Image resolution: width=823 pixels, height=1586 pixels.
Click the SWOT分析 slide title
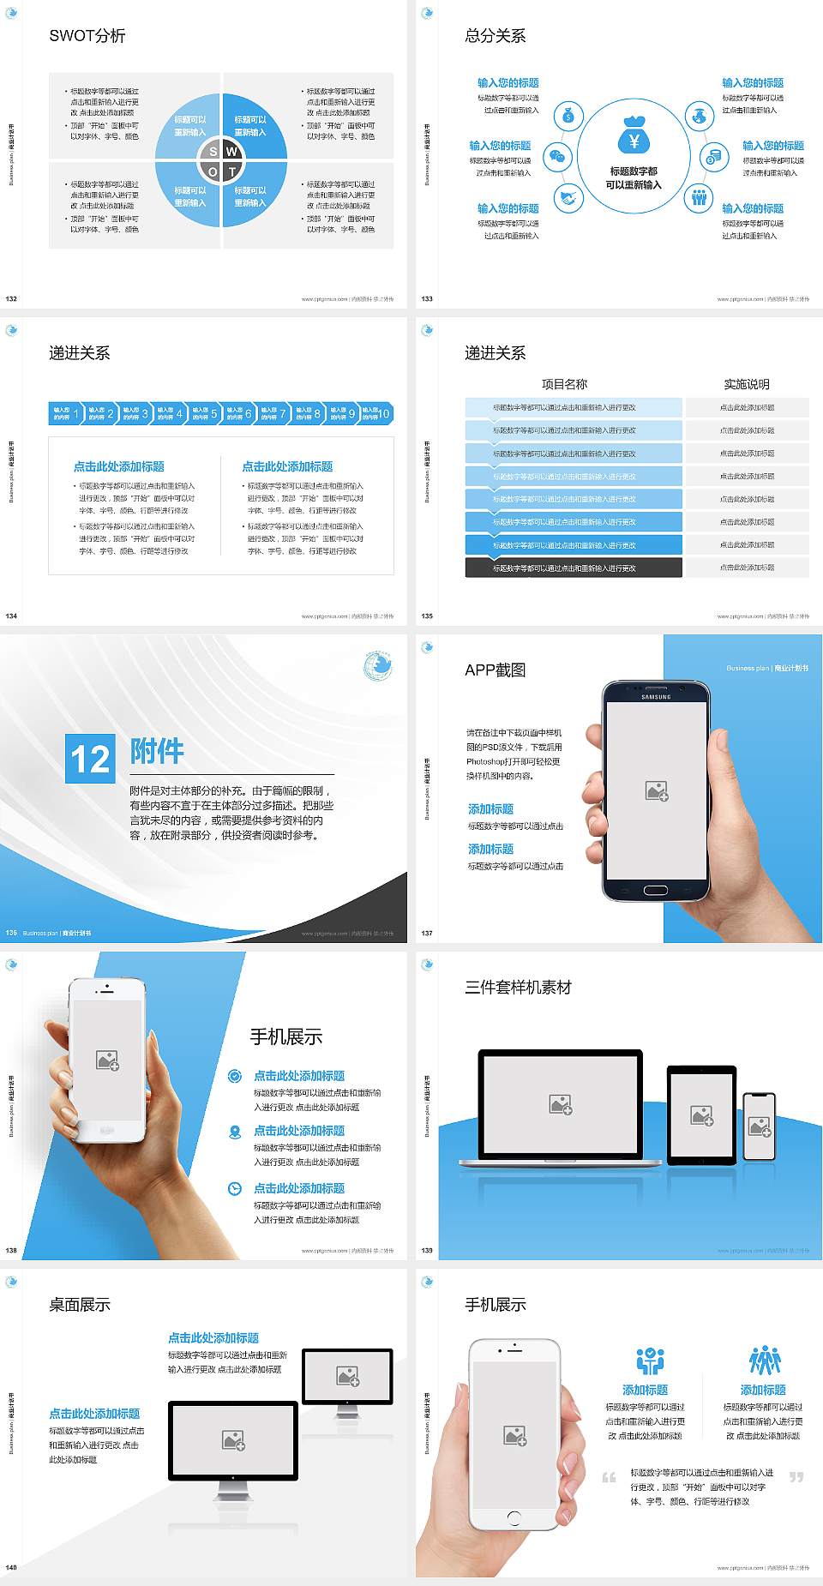point(87,36)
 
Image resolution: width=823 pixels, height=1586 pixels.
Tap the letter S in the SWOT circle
point(213,152)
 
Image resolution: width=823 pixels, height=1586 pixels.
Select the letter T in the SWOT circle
point(231,171)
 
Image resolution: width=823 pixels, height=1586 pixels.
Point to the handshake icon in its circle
point(568,198)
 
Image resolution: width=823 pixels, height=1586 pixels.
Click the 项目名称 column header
point(564,384)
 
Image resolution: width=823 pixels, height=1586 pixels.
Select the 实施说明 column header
point(747,384)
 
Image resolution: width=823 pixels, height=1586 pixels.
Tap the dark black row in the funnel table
point(574,568)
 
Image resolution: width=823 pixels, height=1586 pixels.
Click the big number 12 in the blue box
point(90,759)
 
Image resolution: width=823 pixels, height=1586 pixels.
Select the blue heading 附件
point(157,751)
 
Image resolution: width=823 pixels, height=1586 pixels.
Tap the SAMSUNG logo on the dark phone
point(656,697)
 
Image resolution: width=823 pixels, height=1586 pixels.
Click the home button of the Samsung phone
point(656,890)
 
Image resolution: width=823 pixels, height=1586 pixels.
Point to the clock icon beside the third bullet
point(235,1188)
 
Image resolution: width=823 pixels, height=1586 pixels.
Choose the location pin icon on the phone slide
point(235,1132)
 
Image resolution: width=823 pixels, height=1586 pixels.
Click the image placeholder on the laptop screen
point(561,1104)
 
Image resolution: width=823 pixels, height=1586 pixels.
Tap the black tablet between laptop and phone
point(701,1114)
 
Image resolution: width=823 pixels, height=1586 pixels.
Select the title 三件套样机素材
point(518,988)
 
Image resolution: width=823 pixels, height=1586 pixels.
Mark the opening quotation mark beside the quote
point(609,1477)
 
